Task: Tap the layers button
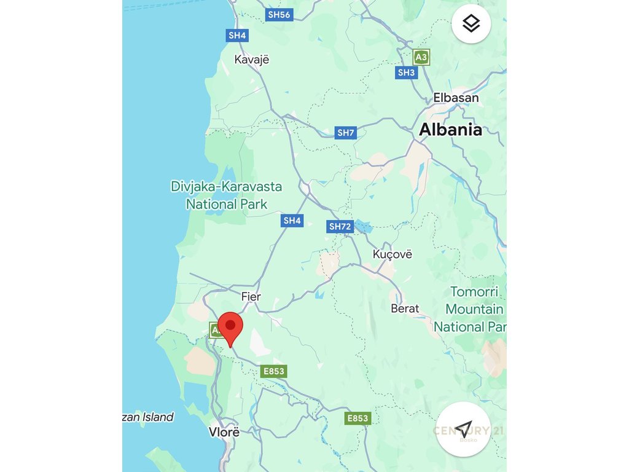pos(471,24)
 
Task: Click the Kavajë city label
pos(252,60)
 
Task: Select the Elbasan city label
pos(456,97)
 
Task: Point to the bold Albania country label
pos(450,130)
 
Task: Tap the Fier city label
pos(251,297)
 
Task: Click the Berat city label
pos(405,309)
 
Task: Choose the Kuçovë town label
pos(393,254)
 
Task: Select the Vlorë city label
pos(224,431)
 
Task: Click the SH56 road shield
pos(279,15)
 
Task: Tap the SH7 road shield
pos(346,133)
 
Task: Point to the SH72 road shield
pos(340,227)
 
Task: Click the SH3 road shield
pos(406,73)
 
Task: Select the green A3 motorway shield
pos(421,58)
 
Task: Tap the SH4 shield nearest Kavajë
pos(237,36)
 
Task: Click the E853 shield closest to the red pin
pos(274,371)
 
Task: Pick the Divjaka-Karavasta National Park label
pos(227,195)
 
